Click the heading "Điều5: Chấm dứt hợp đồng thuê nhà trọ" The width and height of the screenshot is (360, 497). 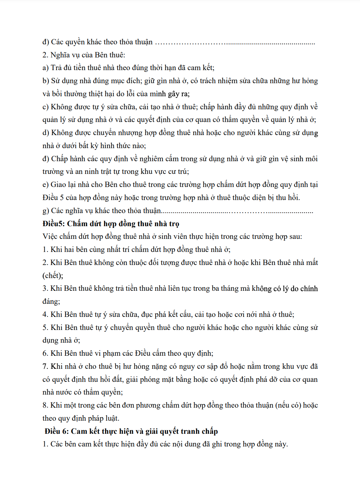pos(111,224)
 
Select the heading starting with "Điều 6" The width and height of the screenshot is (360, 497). pos(131,431)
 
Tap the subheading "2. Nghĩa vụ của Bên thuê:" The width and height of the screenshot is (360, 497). pos(84,55)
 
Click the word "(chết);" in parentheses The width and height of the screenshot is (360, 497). pos(53,276)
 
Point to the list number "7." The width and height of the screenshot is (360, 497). pos(45,366)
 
